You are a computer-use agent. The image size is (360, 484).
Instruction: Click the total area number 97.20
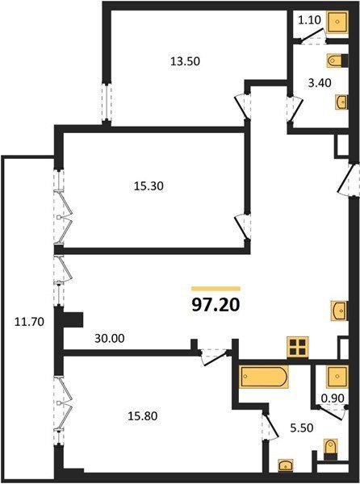click(216, 305)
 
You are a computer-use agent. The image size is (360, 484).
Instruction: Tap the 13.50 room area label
click(186, 61)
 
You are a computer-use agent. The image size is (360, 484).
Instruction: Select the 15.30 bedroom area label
click(149, 186)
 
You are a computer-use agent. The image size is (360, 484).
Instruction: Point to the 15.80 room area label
click(143, 415)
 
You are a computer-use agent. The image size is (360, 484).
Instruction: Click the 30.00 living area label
click(110, 338)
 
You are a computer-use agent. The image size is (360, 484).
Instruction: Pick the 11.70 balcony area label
click(29, 322)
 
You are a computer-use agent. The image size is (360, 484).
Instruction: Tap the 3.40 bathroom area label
click(320, 83)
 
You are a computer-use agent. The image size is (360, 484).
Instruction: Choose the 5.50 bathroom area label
click(302, 428)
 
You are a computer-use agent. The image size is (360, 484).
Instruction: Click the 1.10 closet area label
click(310, 20)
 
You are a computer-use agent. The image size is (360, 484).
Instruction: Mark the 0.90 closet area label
click(333, 398)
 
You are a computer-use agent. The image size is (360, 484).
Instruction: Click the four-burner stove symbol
click(298, 347)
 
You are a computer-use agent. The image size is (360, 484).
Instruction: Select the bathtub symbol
click(264, 376)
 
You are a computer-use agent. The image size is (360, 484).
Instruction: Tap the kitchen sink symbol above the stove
click(339, 311)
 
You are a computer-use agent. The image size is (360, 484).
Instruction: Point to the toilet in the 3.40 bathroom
click(337, 60)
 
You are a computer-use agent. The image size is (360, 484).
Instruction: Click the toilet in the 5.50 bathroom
click(330, 450)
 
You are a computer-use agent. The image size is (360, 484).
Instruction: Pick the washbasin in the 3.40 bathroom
click(341, 102)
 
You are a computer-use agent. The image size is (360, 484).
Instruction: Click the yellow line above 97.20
click(216, 289)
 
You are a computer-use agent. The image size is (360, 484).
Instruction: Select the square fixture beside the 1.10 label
click(338, 21)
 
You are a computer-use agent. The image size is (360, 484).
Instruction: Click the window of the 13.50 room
click(107, 102)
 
